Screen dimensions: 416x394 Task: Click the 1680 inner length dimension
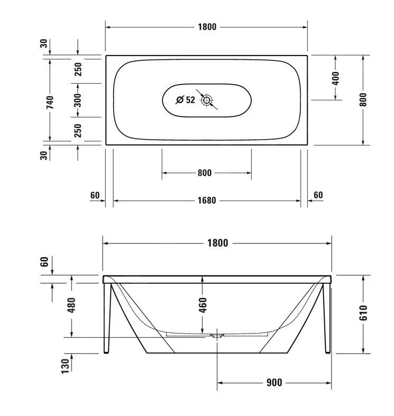coord(207,201)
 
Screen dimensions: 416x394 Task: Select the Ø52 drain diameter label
coord(186,100)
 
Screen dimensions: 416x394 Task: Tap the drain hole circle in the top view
coord(206,100)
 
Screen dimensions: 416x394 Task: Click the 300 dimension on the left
coord(78,100)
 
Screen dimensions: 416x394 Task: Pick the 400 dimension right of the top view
coord(335,78)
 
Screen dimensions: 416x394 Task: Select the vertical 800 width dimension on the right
coord(363,100)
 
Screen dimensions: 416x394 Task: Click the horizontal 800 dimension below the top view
coord(205,173)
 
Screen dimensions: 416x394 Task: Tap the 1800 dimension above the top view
coord(207,27)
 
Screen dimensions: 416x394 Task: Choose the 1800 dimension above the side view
coord(217,243)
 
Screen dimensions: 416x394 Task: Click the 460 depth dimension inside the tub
coord(202,304)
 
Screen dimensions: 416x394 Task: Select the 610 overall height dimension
coord(363,313)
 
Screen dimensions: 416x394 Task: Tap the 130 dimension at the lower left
coord(66,365)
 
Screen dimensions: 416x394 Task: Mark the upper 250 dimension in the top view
coord(78,70)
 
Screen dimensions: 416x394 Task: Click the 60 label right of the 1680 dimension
coord(318,195)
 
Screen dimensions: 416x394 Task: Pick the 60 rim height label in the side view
coord(45,261)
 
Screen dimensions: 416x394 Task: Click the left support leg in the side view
coord(108,318)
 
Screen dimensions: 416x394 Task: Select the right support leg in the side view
coord(326,318)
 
